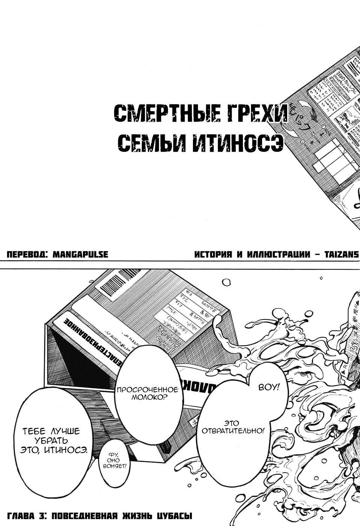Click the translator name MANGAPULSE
[80, 254]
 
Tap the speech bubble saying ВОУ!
[269, 387]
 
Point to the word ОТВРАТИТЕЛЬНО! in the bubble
[233, 431]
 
